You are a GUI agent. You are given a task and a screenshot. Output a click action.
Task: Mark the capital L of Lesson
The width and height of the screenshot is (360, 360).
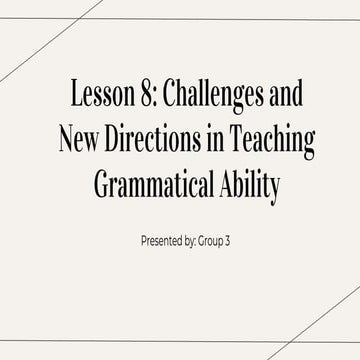[75, 97]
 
